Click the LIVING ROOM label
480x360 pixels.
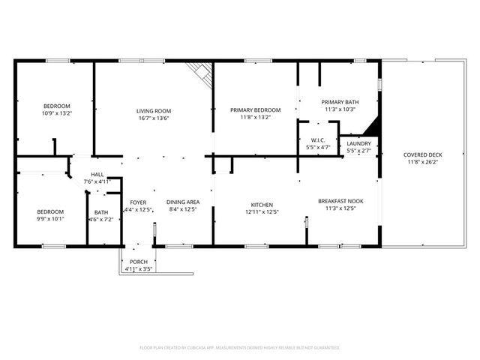(154, 110)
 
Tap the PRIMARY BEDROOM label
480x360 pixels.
(255, 110)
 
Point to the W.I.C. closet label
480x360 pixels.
(318, 140)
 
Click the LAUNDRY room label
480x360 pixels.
(359, 143)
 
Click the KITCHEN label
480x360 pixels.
(262, 204)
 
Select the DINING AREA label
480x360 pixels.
(182, 202)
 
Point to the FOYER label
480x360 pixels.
(138, 202)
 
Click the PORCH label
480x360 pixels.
(137, 262)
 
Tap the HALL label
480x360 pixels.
(97, 174)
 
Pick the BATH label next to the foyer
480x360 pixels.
(100, 212)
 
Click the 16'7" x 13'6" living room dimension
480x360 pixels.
(154, 118)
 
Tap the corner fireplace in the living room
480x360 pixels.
(199, 73)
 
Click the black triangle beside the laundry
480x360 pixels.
(371, 126)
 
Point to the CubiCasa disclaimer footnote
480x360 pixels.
(240, 347)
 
